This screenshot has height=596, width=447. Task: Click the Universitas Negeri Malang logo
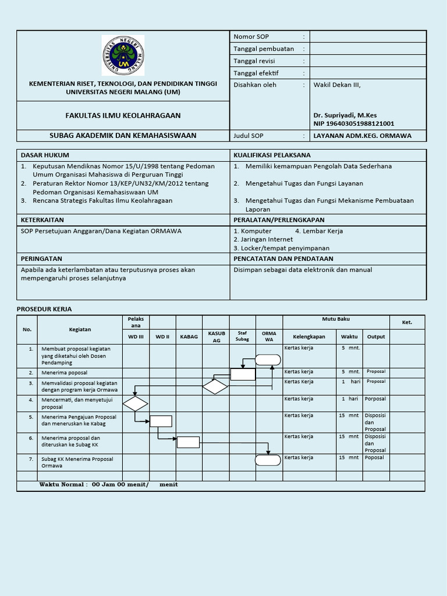coord(123,55)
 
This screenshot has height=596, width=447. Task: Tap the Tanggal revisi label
coord(254,61)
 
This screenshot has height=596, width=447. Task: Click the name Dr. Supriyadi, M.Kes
coord(346,115)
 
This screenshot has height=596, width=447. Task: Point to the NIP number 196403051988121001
coord(353,123)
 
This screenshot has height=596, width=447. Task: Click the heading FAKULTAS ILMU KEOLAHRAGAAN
coord(123,115)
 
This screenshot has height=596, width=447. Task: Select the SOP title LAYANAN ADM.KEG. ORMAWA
coord(362,136)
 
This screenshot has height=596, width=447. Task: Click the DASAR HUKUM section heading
coord(45,155)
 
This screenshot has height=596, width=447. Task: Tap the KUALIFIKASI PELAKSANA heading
coord(272,155)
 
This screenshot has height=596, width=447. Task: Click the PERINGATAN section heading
coord(41,258)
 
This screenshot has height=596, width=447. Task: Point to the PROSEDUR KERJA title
coord(44,309)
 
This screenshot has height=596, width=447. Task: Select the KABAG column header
coord(189,336)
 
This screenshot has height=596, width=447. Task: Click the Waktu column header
coord(349,336)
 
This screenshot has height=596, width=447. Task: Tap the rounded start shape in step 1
coord(268,360)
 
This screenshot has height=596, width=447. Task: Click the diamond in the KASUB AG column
coord(215,386)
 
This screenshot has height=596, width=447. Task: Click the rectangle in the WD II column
coord(161,421)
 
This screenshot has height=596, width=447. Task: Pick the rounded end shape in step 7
coord(268,460)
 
